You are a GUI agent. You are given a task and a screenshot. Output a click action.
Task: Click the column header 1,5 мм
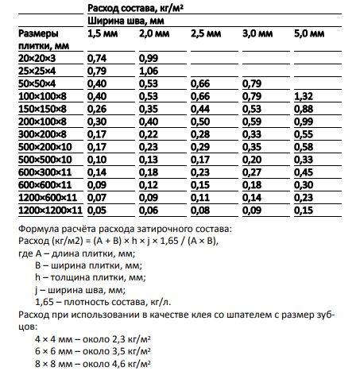pos(101,36)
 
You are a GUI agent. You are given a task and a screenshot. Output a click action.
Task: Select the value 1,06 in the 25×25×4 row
pos(149,71)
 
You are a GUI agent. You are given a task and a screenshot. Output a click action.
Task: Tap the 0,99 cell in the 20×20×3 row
pos(149,58)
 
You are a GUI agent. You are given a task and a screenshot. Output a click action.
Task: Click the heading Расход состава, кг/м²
pos(135,7)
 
